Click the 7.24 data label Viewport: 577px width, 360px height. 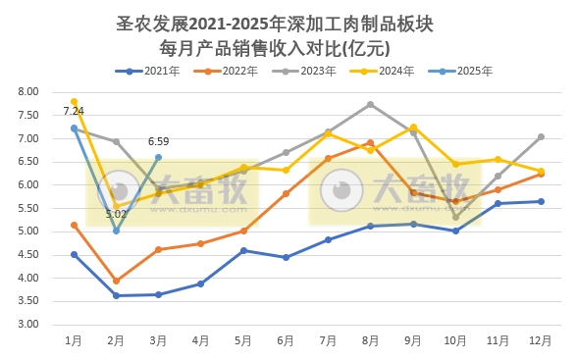[73, 111]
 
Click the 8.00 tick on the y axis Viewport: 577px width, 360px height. [27, 91]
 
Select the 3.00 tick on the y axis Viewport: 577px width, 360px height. [27, 324]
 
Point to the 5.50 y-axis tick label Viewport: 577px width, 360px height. [27, 208]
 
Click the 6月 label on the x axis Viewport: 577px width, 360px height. [287, 340]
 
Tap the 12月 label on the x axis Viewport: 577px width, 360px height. [541, 340]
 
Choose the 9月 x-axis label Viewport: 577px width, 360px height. [413, 340]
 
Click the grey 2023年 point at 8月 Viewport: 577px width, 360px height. [370, 104]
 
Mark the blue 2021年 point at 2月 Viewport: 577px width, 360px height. [116, 295]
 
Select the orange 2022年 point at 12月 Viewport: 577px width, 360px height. [541, 174]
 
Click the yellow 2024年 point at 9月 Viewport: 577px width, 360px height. [413, 128]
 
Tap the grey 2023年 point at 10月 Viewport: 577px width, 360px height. [455, 217]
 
